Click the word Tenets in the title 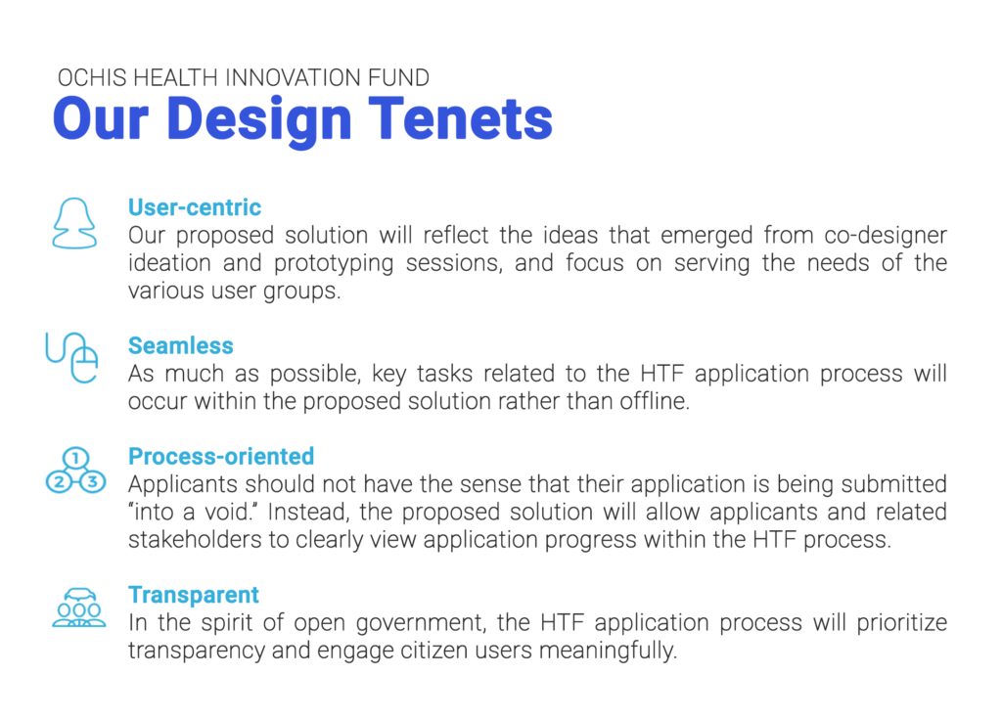pos(460,118)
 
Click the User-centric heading pos(195,207)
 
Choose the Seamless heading pos(181,345)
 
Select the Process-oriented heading pos(221,456)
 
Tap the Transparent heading pos(194,595)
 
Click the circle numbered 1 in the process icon pos(76,458)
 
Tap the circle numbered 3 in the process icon pos(93,481)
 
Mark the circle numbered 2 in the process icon pos(59,481)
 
